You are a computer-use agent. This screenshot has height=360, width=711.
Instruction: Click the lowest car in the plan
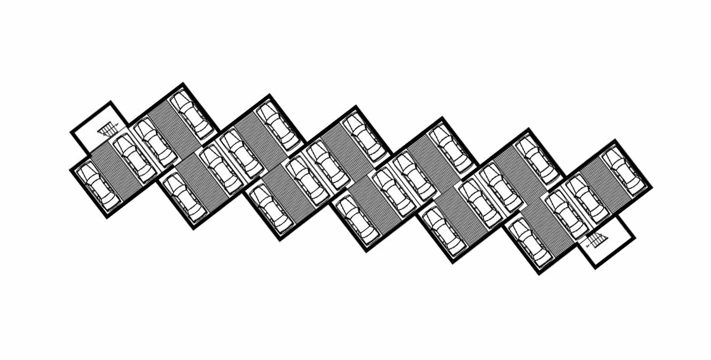tap(530, 242)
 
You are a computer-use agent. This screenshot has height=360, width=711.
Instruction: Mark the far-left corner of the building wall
tap(71, 169)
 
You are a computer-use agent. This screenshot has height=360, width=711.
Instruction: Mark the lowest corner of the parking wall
tap(540, 274)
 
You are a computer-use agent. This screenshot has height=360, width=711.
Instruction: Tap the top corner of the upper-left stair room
tap(110, 102)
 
